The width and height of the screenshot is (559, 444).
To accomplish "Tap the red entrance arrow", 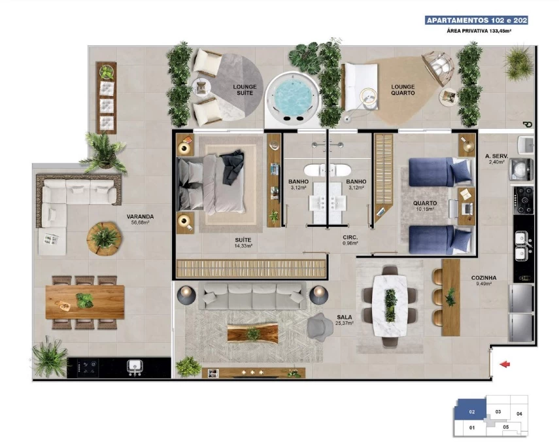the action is tap(505, 364).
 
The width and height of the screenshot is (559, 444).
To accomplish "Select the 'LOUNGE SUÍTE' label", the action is tap(245, 90).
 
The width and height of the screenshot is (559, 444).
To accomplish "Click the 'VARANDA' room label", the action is tap(140, 216).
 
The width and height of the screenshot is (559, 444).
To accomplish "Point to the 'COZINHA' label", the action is tap(483, 277).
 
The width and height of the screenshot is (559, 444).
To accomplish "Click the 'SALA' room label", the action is tap(345, 316).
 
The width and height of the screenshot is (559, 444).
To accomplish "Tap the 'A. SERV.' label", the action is tap(496, 156).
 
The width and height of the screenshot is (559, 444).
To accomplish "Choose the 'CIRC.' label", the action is tap(350, 237).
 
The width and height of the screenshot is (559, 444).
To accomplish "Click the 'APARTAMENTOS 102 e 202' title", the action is tap(477, 20).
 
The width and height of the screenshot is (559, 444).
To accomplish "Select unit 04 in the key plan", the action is tap(519, 414).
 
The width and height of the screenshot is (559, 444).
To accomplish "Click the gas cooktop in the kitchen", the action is tap(523, 200).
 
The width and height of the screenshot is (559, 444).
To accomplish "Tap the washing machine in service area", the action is tap(521, 169).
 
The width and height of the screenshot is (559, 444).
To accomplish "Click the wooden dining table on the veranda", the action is tap(85, 301).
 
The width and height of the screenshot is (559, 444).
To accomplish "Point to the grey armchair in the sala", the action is tap(320, 327).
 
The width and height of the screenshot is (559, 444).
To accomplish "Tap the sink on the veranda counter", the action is tap(135, 366).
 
